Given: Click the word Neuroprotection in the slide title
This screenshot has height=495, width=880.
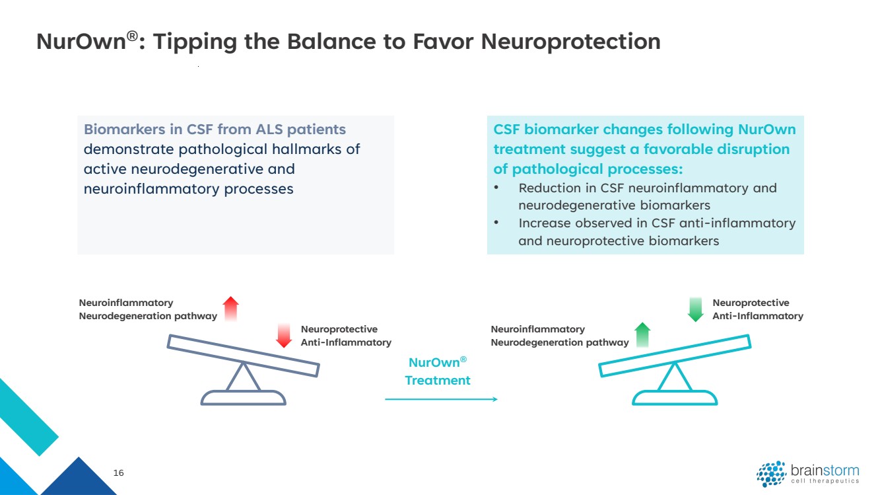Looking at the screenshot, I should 570,42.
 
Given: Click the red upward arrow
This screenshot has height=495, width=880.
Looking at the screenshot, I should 230,309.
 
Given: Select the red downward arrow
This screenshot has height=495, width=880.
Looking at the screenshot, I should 284,336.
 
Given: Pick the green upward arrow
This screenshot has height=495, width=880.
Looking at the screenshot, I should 642,335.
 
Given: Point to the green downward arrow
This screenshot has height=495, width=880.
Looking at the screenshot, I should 695,309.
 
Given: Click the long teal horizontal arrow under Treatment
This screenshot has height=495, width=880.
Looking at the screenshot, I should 441,399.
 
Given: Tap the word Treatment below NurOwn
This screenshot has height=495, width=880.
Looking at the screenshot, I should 438,381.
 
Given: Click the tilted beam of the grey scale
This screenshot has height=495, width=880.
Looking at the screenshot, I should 243,356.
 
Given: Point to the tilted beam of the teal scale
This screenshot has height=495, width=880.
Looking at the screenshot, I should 675,356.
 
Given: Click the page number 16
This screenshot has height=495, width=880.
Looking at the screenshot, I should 119,473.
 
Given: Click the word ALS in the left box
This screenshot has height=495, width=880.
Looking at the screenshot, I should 279,129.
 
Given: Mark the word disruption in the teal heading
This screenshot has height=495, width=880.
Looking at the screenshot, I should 757,149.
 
